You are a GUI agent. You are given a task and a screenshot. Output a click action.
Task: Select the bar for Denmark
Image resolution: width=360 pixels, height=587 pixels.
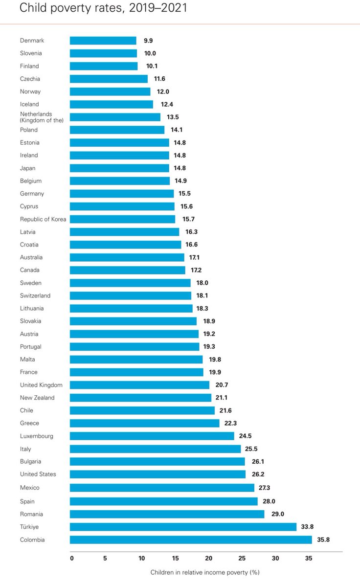point(103,41)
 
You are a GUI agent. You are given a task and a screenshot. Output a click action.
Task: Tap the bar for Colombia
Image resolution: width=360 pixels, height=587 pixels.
point(191,540)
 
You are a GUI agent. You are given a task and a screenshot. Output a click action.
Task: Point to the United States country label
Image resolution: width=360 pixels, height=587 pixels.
point(38,474)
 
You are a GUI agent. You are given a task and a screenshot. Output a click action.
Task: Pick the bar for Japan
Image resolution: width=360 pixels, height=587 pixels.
point(119,168)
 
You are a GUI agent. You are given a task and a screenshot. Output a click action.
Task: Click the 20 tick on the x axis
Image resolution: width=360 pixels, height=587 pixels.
point(209,558)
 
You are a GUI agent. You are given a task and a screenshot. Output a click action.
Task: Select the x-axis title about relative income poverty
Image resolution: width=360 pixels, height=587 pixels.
point(204,572)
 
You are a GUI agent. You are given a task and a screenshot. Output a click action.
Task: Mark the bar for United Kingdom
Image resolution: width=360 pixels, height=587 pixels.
point(139,385)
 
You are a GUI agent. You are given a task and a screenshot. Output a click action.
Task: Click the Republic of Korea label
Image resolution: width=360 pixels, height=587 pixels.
point(43,219)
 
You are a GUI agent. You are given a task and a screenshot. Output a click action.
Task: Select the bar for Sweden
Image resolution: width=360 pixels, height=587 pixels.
point(130,283)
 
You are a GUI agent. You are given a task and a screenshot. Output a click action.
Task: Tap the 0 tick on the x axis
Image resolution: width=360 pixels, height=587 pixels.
point(72,558)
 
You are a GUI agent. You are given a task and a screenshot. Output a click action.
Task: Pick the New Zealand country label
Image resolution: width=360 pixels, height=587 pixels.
point(37,398)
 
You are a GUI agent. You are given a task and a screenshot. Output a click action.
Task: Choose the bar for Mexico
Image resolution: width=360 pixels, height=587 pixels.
point(162,488)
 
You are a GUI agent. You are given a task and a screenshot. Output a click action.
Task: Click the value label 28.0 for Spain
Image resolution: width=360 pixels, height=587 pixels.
point(270,501)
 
